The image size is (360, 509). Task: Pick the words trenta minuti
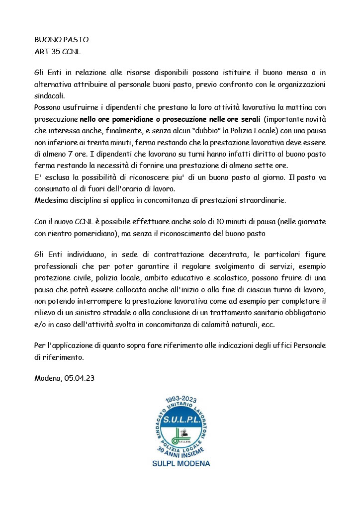[x=113, y=142]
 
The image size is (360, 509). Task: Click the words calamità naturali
[x=272, y=323]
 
